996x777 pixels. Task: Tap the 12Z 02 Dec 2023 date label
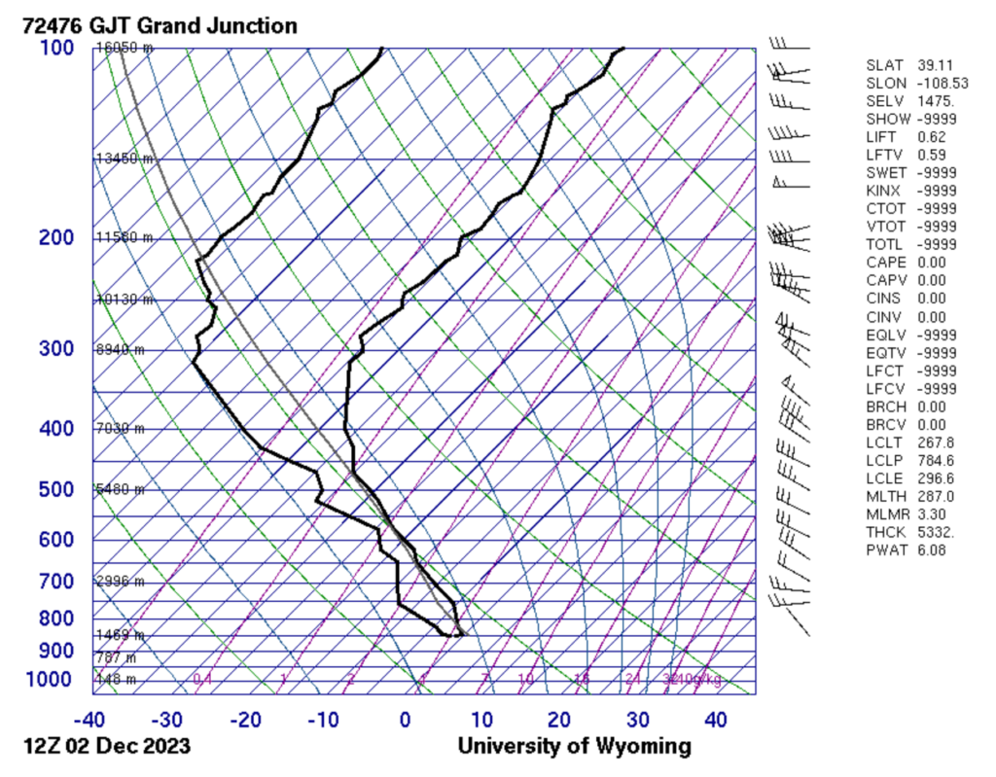coord(107,747)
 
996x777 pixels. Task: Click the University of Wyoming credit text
coord(575,747)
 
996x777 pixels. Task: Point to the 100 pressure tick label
coord(57,49)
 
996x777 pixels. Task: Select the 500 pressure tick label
coord(57,489)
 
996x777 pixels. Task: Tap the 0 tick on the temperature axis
coord(405,721)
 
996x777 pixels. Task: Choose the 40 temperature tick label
coord(715,721)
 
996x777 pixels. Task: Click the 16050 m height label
coord(124,48)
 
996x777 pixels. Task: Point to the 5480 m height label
coord(120,489)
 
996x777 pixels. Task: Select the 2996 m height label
coord(120,582)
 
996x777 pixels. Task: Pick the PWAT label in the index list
coord(884,550)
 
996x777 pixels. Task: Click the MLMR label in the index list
coord(884,513)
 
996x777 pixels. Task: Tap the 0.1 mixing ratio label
coord(202,679)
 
